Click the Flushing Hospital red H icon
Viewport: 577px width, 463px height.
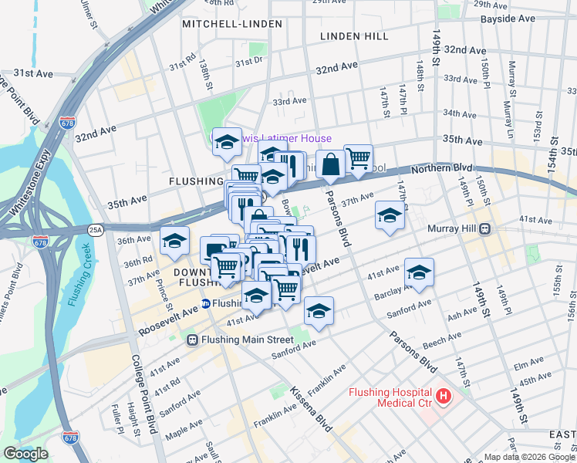(x=443, y=397)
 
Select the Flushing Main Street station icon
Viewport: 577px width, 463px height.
(x=193, y=340)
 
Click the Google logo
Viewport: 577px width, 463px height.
(x=25, y=454)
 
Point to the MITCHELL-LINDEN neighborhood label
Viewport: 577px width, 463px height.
(x=221, y=24)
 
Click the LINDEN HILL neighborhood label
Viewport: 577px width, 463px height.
(x=356, y=36)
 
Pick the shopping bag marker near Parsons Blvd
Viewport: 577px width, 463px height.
(x=330, y=164)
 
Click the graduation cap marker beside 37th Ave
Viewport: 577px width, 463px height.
(x=390, y=215)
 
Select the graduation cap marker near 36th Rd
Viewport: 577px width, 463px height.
(x=174, y=241)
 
